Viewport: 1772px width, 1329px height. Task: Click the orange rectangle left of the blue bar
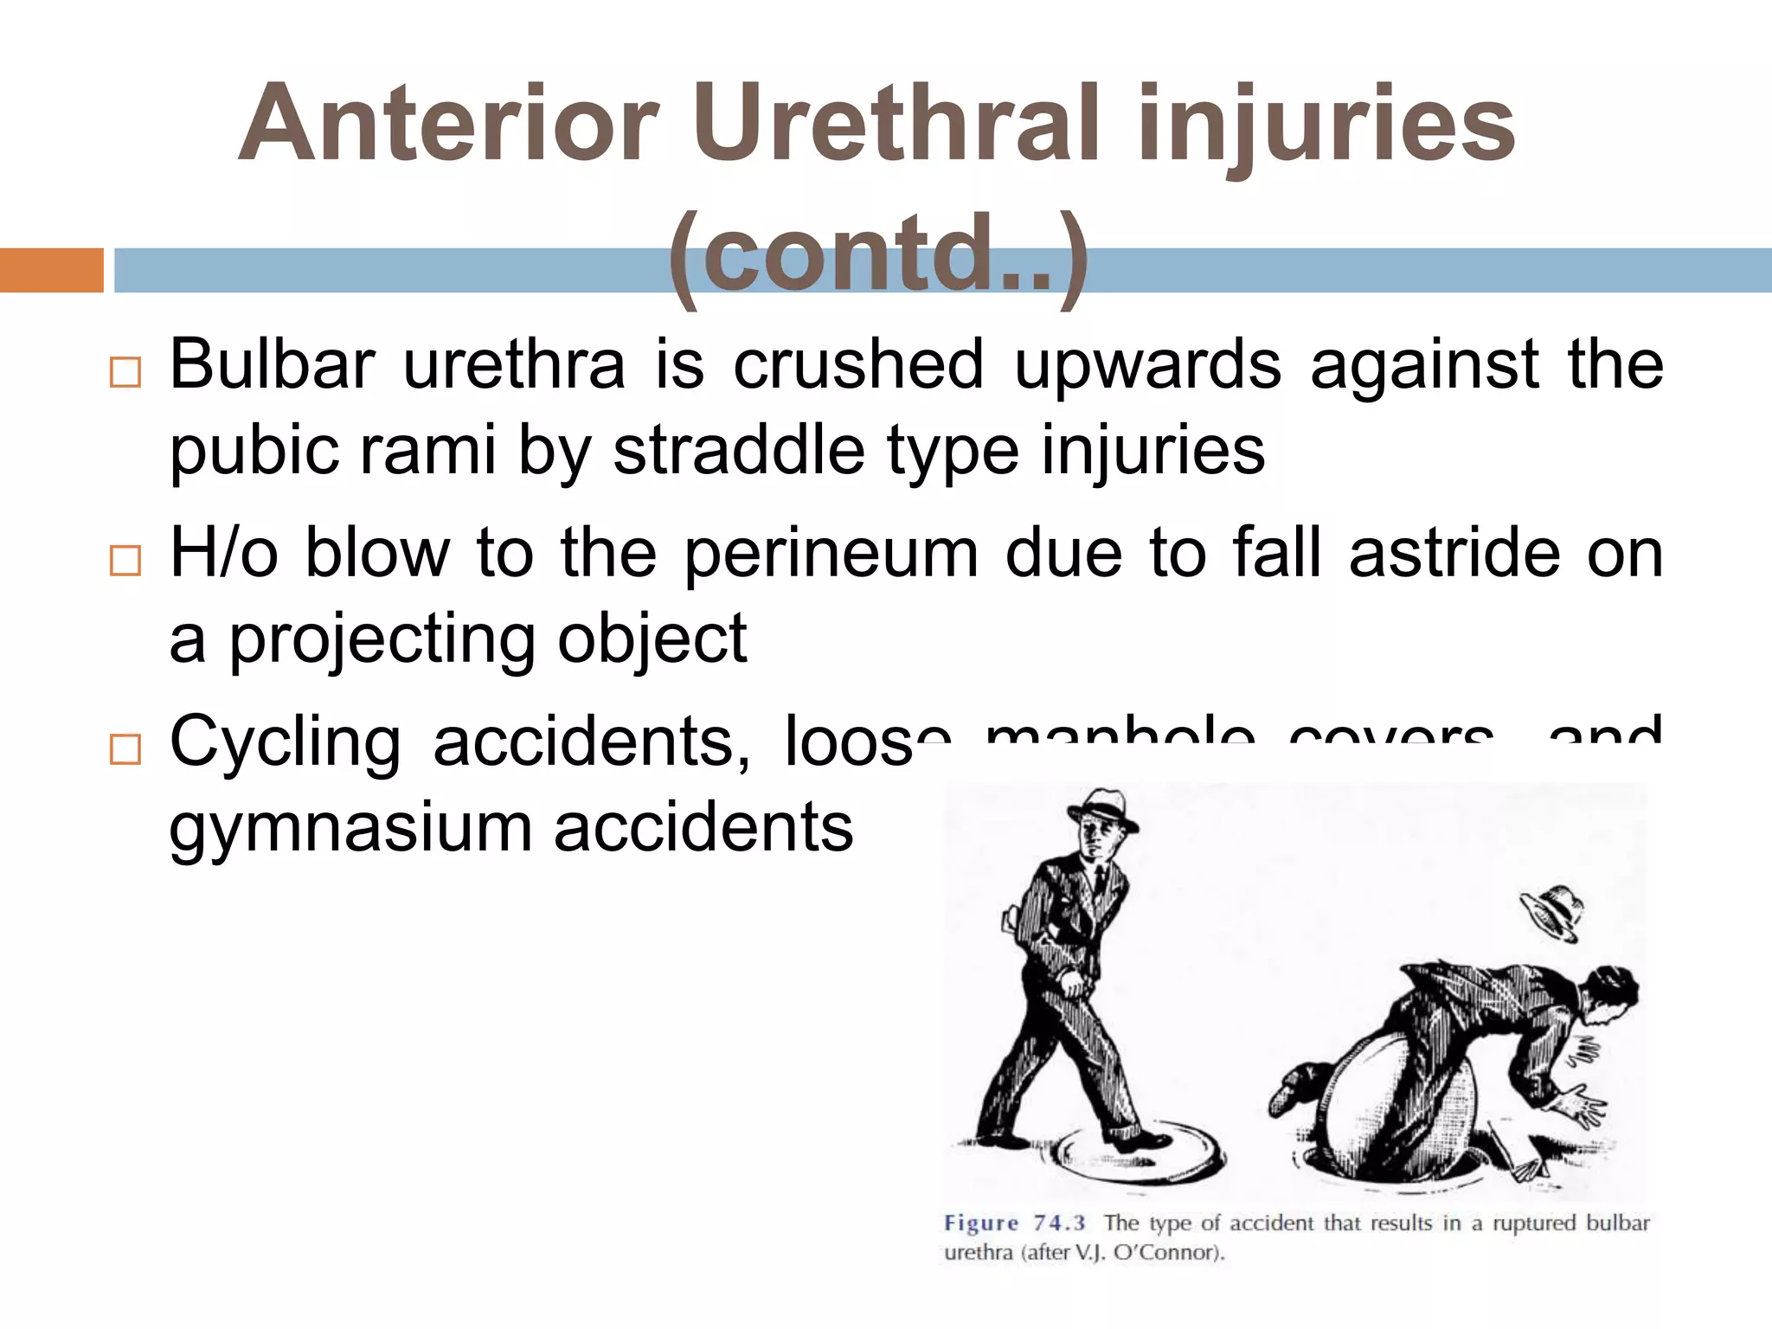pos(51,270)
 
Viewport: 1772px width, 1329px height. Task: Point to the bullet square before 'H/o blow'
pos(125,561)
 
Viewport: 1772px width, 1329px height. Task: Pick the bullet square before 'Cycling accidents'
pos(125,749)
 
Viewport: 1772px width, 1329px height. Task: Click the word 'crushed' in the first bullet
pos(858,364)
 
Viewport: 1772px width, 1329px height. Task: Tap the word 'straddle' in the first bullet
pos(739,450)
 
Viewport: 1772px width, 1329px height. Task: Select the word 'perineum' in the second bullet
pos(831,554)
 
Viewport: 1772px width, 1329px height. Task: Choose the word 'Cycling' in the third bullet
pos(286,742)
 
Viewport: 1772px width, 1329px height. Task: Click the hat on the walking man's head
pos(1101,809)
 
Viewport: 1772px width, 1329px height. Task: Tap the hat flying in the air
pos(1553,911)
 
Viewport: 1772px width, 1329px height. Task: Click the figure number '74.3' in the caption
pos(1059,1223)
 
